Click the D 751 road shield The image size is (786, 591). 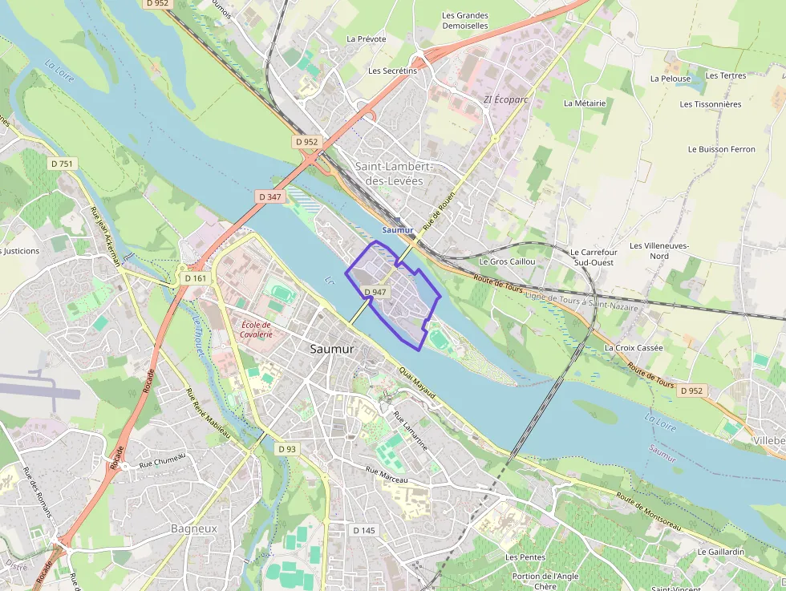pyautogui.click(x=62, y=164)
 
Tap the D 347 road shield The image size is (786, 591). pyautogui.click(x=270, y=196)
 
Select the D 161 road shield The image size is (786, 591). pyautogui.click(x=195, y=278)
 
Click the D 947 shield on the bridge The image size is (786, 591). pyautogui.click(x=375, y=292)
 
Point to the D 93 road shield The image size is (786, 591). pyautogui.click(x=287, y=449)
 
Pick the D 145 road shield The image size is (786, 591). pyautogui.click(x=364, y=530)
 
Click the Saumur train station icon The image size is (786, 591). pyautogui.click(x=398, y=220)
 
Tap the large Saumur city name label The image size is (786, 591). pyautogui.click(x=332, y=349)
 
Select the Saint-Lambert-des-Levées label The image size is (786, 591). pyautogui.click(x=394, y=173)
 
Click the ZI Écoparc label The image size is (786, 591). pyautogui.click(x=506, y=100)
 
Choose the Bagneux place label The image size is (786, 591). pyautogui.click(x=194, y=528)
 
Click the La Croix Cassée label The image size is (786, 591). pyautogui.click(x=634, y=348)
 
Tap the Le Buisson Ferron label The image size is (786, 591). pyautogui.click(x=722, y=149)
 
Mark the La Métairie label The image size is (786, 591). pyautogui.click(x=585, y=103)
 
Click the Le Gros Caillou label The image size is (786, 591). pyautogui.click(x=507, y=261)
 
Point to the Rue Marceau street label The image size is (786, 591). pyautogui.click(x=387, y=476)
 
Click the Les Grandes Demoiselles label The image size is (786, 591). pyautogui.click(x=465, y=20)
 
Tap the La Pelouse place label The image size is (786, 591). pyautogui.click(x=671, y=79)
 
